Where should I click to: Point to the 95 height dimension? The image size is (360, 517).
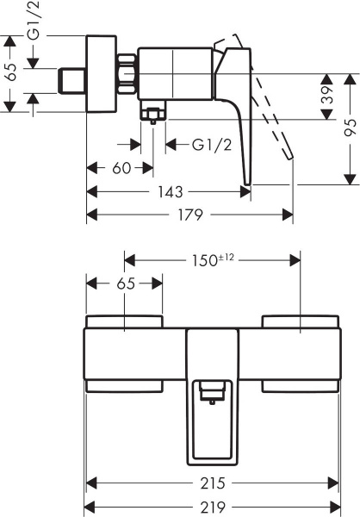(x=348, y=128)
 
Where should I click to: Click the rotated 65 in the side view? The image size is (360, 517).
(x=11, y=73)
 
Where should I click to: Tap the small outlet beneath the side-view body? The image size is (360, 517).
(x=153, y=115)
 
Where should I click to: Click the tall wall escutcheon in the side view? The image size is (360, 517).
(x=101, y=74)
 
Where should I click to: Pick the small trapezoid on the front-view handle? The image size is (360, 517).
(x=209, y=393)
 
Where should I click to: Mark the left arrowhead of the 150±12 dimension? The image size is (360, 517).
(x=129, y=258)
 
